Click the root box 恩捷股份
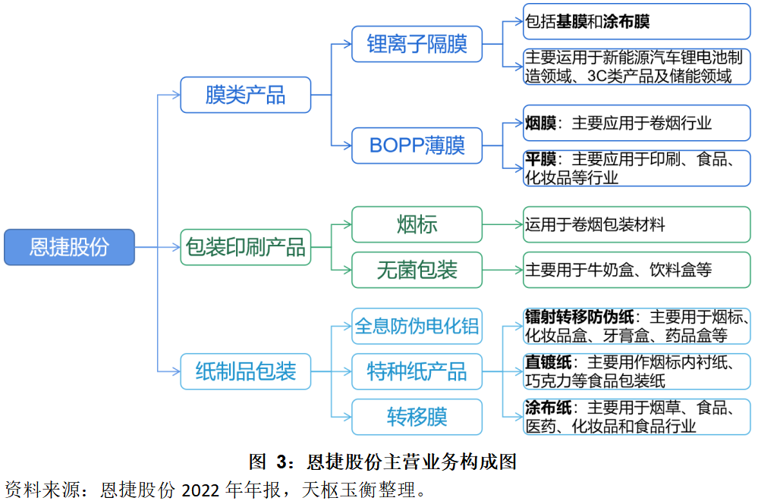click(69, 247)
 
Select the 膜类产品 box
click(245, 95)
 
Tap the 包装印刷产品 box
click(245, 247)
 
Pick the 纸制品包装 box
click(245, 371)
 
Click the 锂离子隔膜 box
click(417, 44)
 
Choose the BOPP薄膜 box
click(417, 145)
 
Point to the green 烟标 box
click(417, 224)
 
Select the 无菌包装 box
click(417, 270)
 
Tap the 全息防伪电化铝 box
click(417, 326)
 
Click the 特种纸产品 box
click(417, 371)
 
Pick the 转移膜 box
click(417, 417)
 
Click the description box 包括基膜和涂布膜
click(636, 21)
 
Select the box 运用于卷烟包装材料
click(636, 224)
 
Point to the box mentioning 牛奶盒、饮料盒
click(636, 270)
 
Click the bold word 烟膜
click(541, 123)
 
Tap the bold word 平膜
click(541, 159)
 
